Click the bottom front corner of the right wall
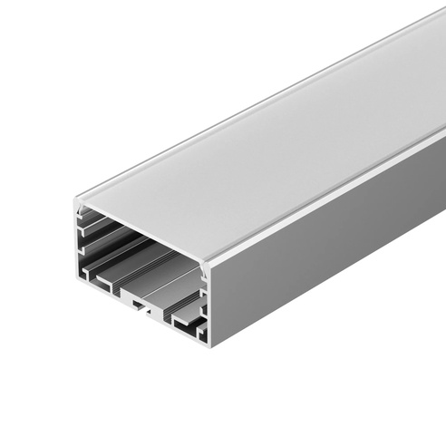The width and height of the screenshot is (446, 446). click(210, 345)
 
